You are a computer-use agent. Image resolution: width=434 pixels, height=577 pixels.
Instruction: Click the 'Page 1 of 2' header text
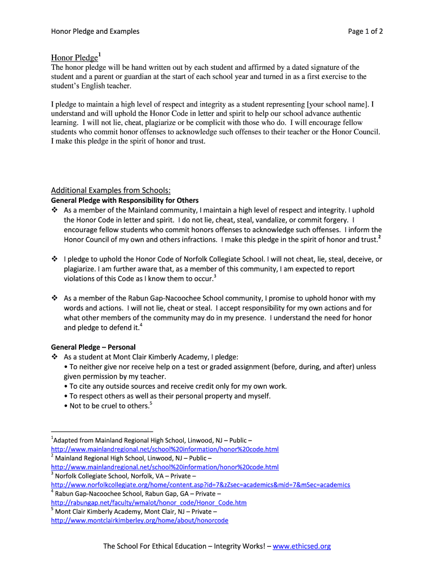(x=365, y=32)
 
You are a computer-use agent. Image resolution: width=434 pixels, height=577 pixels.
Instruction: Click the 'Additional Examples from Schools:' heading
(x=110, y=190)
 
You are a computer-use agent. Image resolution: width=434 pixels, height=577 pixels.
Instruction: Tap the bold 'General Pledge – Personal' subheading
(x=93, y=347)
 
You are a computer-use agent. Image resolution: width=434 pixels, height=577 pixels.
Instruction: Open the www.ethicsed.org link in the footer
(x=302, y=546)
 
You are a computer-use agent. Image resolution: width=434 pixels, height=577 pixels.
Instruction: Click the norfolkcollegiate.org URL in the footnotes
(x=200, y=485)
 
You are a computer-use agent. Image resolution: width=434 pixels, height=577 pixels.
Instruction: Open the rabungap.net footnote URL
(x=148, y=503)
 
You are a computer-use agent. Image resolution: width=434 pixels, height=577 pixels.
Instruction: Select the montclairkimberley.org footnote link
(x=139, y=521)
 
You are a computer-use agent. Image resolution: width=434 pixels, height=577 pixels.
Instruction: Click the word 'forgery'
(x=335, y=220)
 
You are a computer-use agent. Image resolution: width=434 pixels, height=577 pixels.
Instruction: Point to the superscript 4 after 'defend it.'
(x=141, y=325)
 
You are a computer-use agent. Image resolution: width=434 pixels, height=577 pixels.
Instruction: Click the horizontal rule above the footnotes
(x=101, y=431)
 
